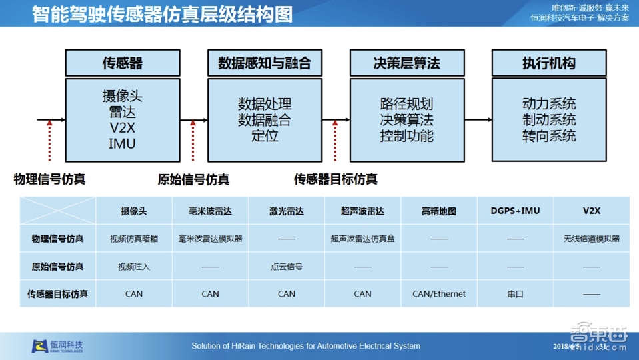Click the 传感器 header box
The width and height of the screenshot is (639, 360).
[x=123, y=63]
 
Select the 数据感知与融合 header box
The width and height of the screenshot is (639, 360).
[x=265, y=63]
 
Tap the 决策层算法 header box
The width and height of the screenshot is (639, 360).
[x=407, y=63]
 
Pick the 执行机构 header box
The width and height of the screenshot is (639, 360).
[x=549, y=63]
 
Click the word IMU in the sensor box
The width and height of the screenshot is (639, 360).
[x=122, y=143]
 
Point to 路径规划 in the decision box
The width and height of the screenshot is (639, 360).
[x=406, y=104]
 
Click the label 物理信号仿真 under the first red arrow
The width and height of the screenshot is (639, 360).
[x=49, y=179]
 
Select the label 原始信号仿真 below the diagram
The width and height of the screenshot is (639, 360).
[x=193, y=179]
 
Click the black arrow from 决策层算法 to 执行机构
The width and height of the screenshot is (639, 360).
[x=478, y=120]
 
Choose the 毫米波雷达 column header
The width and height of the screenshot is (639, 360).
[x=210, y=211]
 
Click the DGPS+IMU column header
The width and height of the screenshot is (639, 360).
[x=515, y=211]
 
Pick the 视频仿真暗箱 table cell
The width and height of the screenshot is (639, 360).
[x=134, y=238]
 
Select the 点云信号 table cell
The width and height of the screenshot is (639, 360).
[x=287, y=266]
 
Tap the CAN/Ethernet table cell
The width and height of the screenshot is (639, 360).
[x=439, y=293]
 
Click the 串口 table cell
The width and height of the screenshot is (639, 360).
[x=515, y=293]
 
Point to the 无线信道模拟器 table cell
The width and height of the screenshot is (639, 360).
[x=591, y=238]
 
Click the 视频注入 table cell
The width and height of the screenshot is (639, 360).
[x=134, y=266]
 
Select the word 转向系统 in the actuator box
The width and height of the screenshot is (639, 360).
[x=549, y=136]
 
